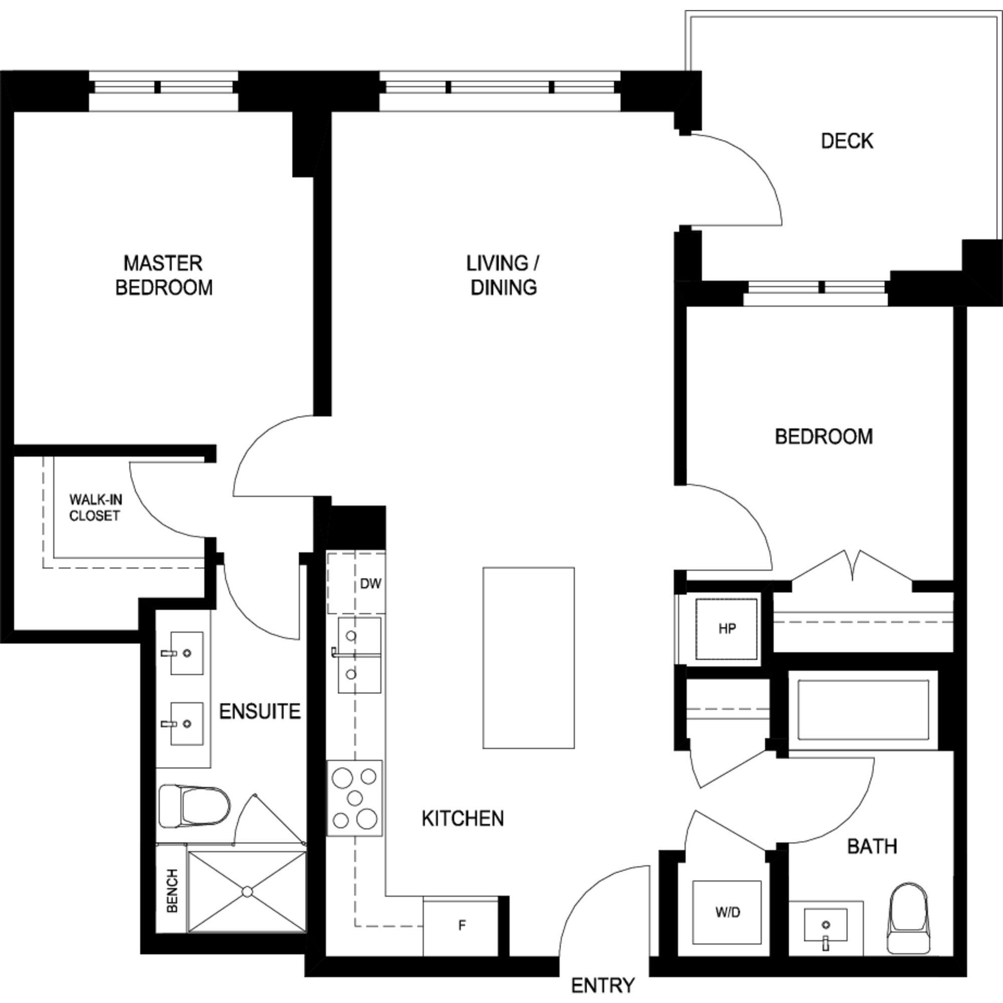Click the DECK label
click(847, 141)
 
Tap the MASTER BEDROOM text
click(163, 275)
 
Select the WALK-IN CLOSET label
click(95, 507)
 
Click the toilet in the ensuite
click(194, 806)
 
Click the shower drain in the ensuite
click(247, 891)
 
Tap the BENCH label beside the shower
click(173, 891)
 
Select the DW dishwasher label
click(371, 584)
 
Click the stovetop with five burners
click(355, 798)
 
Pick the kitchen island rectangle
click(529, 658)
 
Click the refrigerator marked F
click(461, 925)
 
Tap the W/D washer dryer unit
click(727, 912)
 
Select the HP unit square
click(726, 629)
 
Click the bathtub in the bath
click(863, 710)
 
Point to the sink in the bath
click(825, 925)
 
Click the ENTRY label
click(603, 985)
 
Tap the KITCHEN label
click(462, 819)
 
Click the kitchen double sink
click(359, 655)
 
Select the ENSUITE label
click(260, 711)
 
